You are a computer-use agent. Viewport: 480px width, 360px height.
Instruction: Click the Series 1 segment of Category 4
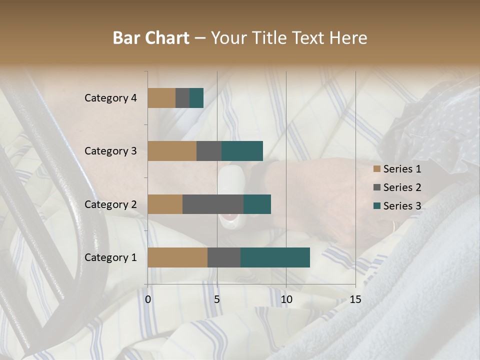[161, 98]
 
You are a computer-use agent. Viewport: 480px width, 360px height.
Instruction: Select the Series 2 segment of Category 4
[182, 98]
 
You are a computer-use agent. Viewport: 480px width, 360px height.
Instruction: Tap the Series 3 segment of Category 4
[196, 98]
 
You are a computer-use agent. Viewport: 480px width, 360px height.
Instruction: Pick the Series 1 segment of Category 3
[172, 151]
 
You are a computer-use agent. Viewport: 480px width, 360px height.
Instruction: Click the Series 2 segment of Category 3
[209, 151]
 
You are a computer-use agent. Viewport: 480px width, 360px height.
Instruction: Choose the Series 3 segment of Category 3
[242, 151]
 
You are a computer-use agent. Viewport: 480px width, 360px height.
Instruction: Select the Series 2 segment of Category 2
[213, 204]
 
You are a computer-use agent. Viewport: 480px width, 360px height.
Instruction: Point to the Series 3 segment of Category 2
[257, 204]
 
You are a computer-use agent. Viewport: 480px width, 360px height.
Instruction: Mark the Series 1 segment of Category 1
[177, 257]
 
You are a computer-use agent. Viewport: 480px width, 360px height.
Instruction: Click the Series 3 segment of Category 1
[275, 257]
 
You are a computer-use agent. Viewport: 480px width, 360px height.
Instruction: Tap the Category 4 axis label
[110, 98]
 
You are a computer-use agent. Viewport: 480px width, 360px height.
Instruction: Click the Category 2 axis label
[110, 204]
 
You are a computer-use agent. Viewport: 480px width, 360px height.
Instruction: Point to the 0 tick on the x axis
[148, 299]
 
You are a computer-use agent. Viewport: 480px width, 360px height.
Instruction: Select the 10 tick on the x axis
[286, 299]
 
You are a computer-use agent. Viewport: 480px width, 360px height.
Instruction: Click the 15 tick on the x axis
[355, 299]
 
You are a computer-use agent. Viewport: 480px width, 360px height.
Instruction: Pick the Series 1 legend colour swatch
[377, 169]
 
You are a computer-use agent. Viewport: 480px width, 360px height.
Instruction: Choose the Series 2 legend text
[402, 187]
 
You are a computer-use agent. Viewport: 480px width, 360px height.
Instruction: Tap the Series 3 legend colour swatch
[377, 206]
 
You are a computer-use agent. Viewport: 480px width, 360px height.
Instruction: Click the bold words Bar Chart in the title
[151, 38]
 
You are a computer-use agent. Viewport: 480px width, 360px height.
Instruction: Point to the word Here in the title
[348, 38]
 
